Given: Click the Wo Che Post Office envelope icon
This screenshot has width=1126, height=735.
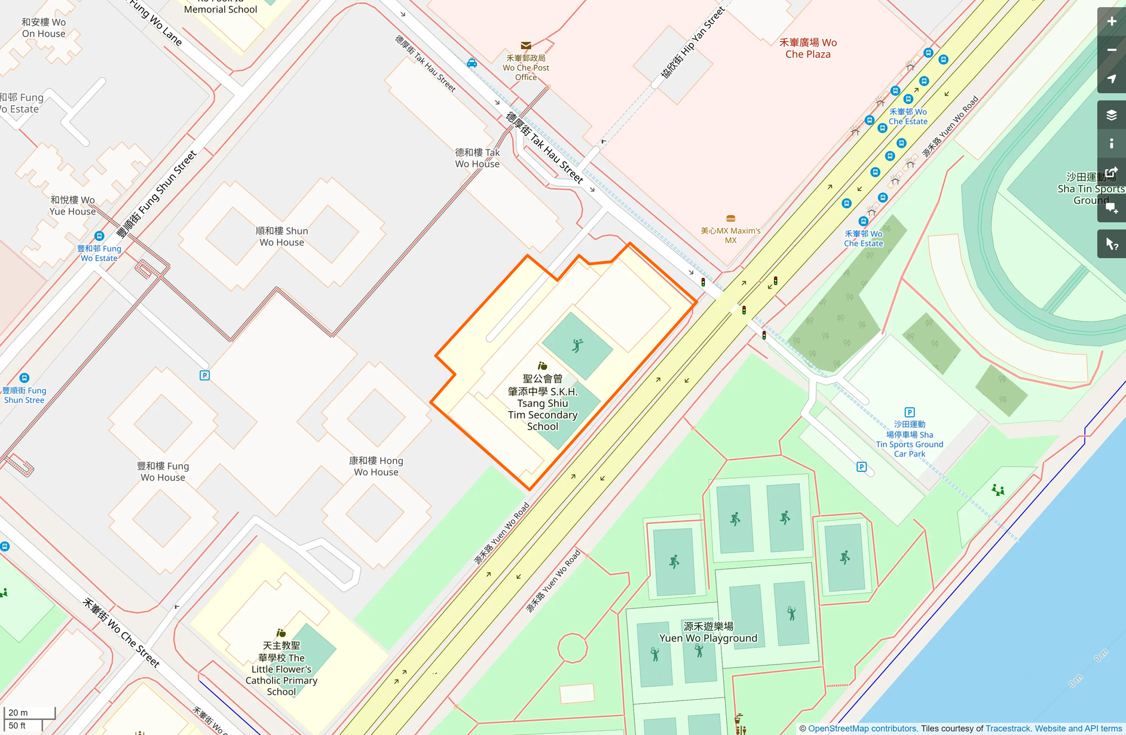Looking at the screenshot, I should click(x=526, y=45).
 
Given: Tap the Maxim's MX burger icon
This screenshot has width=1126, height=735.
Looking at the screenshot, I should click(x=730, y=219).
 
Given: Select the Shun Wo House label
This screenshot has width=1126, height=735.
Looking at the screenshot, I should click(x=281, y=237).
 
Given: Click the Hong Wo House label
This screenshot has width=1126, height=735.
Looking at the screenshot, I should click(x=376, y=466).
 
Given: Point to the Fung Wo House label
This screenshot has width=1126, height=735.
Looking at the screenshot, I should click(x=163, y=471).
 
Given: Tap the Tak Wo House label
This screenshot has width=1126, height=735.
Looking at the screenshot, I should click(x=477, y=158).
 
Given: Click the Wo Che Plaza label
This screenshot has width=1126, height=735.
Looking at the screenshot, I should click(x=807, y=48).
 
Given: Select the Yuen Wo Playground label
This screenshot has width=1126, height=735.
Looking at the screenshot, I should click(x=708, y=632).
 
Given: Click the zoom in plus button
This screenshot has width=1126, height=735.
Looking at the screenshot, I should click(x=1111, y=22).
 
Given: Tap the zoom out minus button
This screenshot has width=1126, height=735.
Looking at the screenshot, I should click(x=1111, y=50).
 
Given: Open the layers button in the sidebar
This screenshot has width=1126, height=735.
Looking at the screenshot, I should click(x=1111, y=115).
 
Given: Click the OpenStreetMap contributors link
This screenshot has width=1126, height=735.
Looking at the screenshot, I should click(x=862, y=728).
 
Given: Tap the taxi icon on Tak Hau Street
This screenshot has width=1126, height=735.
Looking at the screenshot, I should click(x=472, y=63).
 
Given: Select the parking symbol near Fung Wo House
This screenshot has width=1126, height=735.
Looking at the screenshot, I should click(x=204, y=375).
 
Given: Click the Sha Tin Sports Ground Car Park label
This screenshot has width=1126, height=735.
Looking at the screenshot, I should click(x=909, y=439).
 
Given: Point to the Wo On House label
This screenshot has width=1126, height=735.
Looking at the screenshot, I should click(x=43, y=28).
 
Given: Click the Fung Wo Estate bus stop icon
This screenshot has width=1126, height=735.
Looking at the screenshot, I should click(x=99, y=236).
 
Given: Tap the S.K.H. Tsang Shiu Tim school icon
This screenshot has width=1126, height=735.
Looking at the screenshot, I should click(x=542, y=366).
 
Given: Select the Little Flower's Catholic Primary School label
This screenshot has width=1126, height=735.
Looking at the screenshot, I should click(x=281, y=669).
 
